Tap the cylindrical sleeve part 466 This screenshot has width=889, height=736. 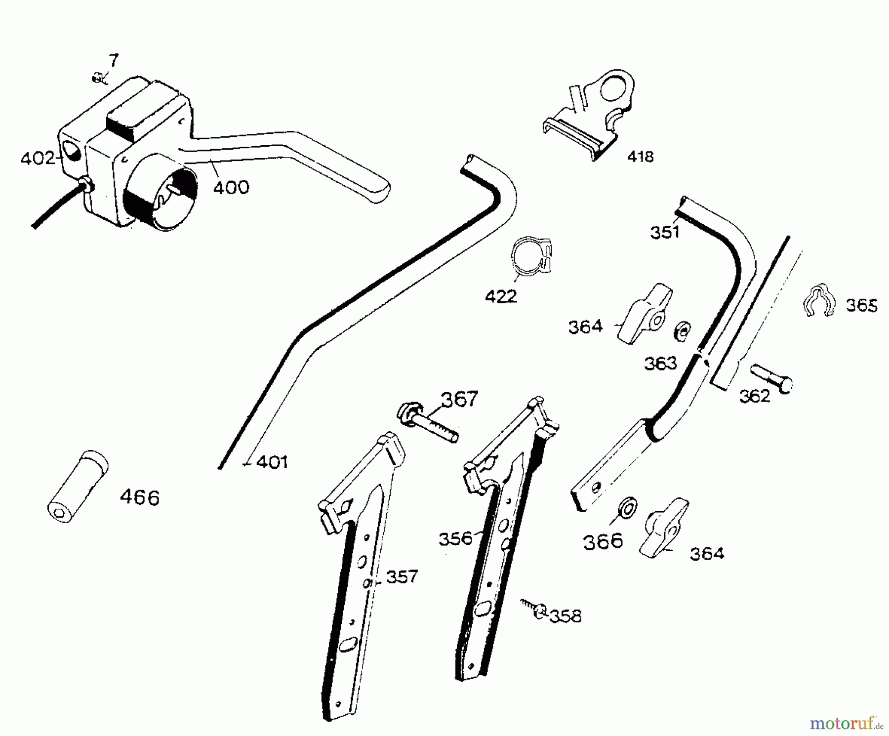[x=77, y=487]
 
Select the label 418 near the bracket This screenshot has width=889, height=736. [x=640, y=157]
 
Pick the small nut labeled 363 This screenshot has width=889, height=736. [x=682, y=331]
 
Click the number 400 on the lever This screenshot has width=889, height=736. [x=231, y=187]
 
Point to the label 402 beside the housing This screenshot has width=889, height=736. [x=38, y=159]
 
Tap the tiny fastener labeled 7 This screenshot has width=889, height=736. [x=97, y=77]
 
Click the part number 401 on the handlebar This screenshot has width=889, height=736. [x=272, y=462]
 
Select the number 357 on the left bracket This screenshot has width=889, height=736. [x=402, y=576]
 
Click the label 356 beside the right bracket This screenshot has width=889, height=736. [x=455, y=538]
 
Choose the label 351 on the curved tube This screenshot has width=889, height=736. [x=665, y=232]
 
